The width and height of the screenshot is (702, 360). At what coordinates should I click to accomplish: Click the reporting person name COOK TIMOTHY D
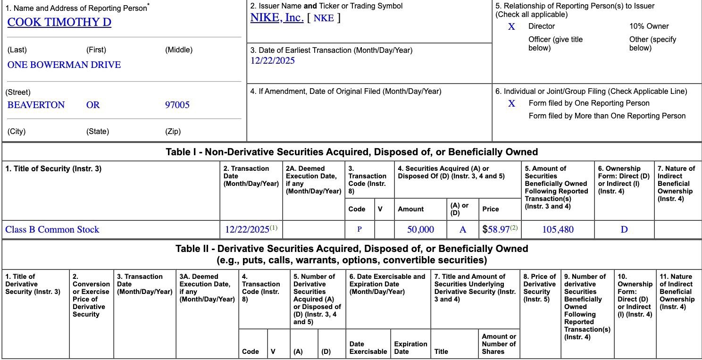click(x=59, y=22)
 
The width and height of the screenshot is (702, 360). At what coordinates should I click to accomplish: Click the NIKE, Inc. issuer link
click(x=276, y=18)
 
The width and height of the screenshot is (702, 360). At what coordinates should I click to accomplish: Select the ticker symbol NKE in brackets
click(x=324, y=18)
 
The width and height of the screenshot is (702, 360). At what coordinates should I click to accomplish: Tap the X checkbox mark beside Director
click(x=511, y=27)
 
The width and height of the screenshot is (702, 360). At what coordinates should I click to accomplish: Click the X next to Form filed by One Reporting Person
click(x=511, y=103)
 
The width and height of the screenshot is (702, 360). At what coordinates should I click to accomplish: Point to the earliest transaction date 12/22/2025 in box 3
click(x=273, y=60)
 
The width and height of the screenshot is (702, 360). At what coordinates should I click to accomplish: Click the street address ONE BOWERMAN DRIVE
click(x=64, y=65)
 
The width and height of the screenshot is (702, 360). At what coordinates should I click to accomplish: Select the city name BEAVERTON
click(x=36, y=105)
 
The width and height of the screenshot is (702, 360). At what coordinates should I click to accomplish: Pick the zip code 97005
click(x=177, y=105)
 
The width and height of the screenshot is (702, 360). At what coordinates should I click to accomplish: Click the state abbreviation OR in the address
click(x=93, y=105)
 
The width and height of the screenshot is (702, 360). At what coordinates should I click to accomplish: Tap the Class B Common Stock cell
click(x=52, y=230)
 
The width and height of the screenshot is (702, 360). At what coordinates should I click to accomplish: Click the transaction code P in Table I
click(x=359, y=230)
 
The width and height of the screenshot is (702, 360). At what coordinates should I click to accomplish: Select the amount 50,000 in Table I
click(x=420, y=230)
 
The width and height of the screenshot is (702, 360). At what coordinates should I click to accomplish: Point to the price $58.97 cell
click(x=500, y=230)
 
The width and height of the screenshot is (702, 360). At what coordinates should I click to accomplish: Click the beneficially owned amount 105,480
click(x=558, y=230)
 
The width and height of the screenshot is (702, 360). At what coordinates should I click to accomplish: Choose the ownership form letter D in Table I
click(x=624, y=230)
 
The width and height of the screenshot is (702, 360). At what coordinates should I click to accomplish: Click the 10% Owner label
click(x=649, y=26)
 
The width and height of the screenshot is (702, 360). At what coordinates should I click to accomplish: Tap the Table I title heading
click(x=351, y=152)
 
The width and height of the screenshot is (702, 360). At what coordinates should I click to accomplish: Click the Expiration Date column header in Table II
click(x=410, y=348)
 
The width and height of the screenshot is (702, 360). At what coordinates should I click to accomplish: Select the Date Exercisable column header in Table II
click(x=368, y=348)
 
